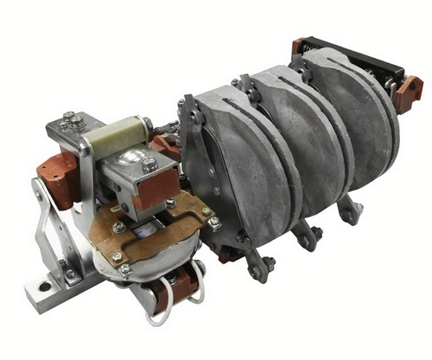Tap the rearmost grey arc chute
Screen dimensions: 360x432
[x=354, y=104]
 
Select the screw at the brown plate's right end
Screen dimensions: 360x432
[x=213, y=223]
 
